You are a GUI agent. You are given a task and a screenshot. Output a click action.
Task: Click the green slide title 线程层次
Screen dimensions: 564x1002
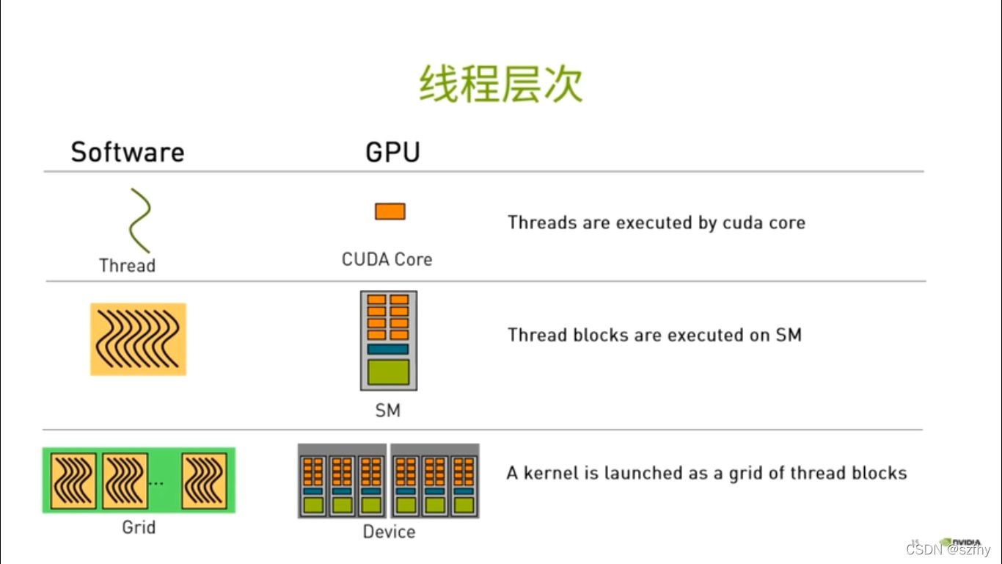pyautogui.click(x=501, y=84)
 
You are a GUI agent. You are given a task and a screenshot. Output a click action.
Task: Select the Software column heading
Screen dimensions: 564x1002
pyautogui.click(x=128, y=152)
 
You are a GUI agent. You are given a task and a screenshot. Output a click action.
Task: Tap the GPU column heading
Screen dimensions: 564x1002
pyautogui.click(x=392, y=152)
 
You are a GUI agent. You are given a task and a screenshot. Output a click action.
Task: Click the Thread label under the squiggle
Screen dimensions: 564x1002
pyautogui.click(x=128, y=265)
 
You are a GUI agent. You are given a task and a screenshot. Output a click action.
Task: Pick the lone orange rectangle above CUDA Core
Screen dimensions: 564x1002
pyautogui.click(x=390, y=211)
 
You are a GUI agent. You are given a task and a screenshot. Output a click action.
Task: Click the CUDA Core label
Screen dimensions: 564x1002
pyautogui.click(x=387, y=259)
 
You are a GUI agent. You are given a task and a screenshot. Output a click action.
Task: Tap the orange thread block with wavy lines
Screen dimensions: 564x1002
pyautogui.click(x=138, y=339)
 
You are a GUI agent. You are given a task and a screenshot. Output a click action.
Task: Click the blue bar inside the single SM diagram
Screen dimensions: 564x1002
pyautogui.click(x=388, y=350)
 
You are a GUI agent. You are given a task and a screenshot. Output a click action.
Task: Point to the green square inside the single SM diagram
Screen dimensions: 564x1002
pyautogui.click(x=388, y=372)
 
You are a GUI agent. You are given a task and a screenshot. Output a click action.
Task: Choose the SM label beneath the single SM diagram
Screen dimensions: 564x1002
pyautogui.click(x=388, y=411)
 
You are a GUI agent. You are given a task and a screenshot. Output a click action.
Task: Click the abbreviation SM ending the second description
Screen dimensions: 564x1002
pyautogui.click(x=789, y=335)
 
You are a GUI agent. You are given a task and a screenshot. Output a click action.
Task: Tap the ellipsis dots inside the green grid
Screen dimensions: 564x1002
pyautogui.click(x=156, y=483)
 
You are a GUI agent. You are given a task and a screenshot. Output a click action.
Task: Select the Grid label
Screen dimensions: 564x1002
pyautogui.click(x=139, y=527)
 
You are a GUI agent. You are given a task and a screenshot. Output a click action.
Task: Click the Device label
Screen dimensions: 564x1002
pyautogui.click(x=389, y=532)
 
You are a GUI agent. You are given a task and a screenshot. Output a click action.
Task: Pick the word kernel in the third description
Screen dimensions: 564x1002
pyautogui.click(x=551, y=473)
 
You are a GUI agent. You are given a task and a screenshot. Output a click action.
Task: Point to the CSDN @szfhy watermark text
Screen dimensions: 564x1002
pyautogui.click(x=948, y=550)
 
